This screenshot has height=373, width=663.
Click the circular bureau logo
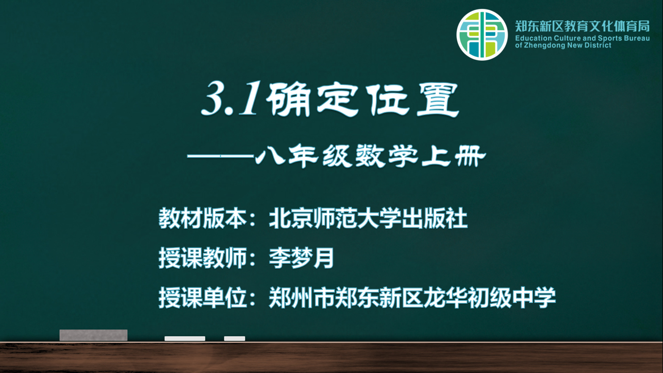(482, 34)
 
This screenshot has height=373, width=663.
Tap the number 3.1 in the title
(230, 99)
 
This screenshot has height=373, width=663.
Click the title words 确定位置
(363, 100)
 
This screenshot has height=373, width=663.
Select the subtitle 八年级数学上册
(370, 156)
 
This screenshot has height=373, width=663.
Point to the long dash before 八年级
(221, 156)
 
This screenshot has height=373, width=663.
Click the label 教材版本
(203, 219)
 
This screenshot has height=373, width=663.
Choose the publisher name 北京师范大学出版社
(368, 219)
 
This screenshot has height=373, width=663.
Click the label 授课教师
(203, 258)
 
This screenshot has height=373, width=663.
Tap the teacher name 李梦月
(301, 258)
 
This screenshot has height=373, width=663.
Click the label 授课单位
(203, 298)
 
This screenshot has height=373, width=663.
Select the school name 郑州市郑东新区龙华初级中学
(412, 298)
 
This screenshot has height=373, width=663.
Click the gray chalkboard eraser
(94, 335)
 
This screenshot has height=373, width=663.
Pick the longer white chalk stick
(185, 339)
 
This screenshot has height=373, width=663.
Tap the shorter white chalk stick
(234, 339)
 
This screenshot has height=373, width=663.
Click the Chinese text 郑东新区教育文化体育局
(582, 26)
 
